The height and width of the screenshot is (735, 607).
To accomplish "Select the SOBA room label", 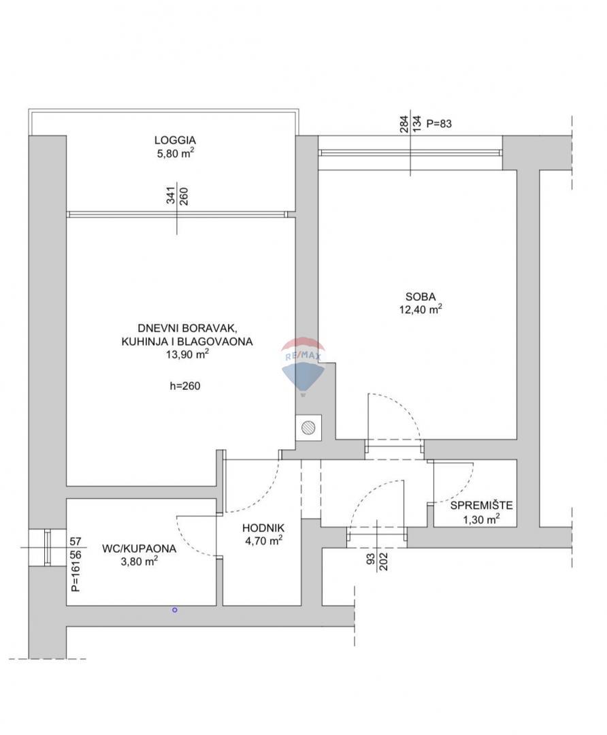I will pyautogui.click(x=421, y=297).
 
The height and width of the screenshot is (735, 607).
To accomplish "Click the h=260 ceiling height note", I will pyautogui.click(x=185, y=386).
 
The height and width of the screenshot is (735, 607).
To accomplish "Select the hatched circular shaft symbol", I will pyautogui.click(x=308, y=427).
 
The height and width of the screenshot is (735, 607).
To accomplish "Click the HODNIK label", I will pyautogui.click(x=263, y=528).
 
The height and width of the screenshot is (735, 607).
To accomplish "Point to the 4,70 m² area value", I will pyautogui.click(x=263, y=541).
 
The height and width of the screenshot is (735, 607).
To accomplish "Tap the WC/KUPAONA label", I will pyautogui.click(x=139, y=548).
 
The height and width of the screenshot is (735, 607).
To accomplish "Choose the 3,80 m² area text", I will pyautogui.click(x=139, y=561).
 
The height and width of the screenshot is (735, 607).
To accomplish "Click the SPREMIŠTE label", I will pyautogui.click(x=481, y=505).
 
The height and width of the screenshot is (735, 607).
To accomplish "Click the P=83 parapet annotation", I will pyautogui.click(x=439, y=124).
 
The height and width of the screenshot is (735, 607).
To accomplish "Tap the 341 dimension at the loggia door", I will pyautogui.click(x=171, y=196).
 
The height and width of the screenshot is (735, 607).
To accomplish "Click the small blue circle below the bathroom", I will pyautogui.click(x=175, y=610).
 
